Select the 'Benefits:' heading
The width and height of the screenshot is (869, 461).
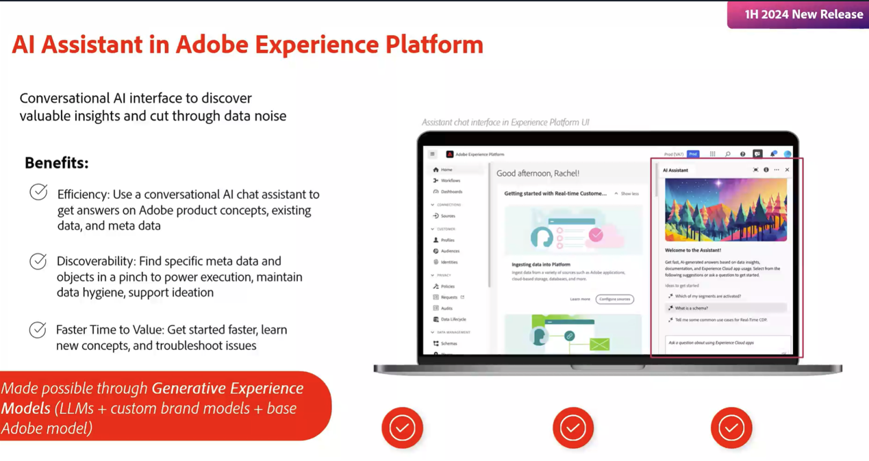(x=57, y=163)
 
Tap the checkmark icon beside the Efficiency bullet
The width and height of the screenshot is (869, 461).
(x=38, y=192)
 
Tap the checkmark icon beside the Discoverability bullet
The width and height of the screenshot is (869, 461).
(x=38, y=261)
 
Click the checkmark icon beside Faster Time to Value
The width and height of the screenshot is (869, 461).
(x=38, y=329)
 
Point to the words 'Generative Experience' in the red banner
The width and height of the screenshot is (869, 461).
(x=227, y=388)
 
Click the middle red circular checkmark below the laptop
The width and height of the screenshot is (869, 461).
(x=573, y=428)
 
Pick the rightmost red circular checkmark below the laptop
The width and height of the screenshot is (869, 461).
(x=731, y=428)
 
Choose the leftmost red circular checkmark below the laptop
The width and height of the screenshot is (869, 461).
(x=402, y=428)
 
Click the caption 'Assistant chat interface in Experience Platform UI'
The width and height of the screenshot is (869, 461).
(x=505, y=123)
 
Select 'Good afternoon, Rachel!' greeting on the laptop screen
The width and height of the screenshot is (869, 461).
(x=538, y=173)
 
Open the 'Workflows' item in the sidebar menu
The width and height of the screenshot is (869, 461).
(x=450, y=181)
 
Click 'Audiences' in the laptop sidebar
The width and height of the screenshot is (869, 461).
(x=450, y=251)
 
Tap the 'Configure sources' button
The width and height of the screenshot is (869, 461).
(x=614, y=299)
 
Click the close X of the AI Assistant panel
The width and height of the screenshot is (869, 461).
(x=787, y=170)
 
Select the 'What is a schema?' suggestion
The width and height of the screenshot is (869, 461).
(x=691, y=308)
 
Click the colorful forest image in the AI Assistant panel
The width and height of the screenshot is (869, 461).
(x=725, y=210)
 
